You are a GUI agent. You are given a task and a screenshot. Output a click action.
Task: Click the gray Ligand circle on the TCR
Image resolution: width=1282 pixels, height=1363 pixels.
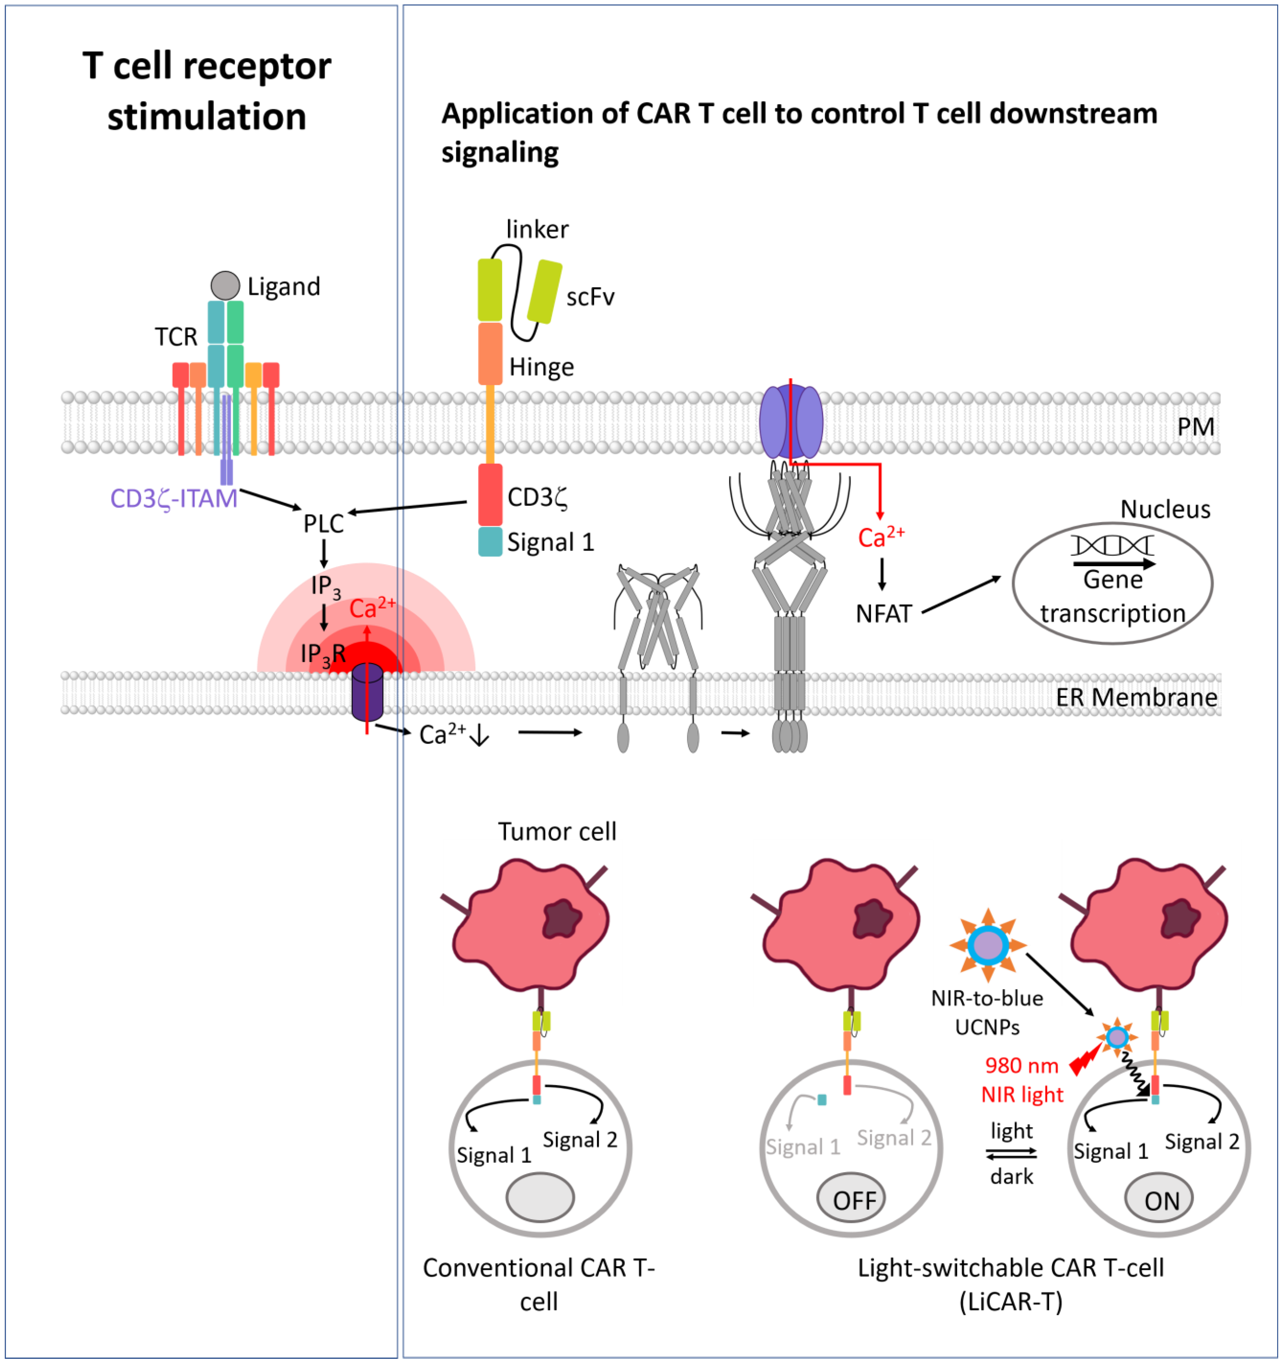point(225,285)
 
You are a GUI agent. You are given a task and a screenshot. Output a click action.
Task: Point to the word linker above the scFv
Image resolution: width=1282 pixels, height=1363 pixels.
point(537,229)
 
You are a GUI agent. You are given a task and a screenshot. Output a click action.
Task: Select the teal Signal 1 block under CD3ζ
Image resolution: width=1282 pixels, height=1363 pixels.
point(490,542)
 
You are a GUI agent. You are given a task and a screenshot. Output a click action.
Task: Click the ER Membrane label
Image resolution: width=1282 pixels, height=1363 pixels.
point(1136,697)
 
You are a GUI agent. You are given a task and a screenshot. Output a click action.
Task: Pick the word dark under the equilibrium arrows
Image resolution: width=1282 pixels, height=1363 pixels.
point(1011,1176)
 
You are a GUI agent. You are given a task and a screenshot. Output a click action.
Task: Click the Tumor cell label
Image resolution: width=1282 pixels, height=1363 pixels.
point(557,832)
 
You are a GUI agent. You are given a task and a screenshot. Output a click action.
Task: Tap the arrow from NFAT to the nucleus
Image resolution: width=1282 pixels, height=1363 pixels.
point(961,594)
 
